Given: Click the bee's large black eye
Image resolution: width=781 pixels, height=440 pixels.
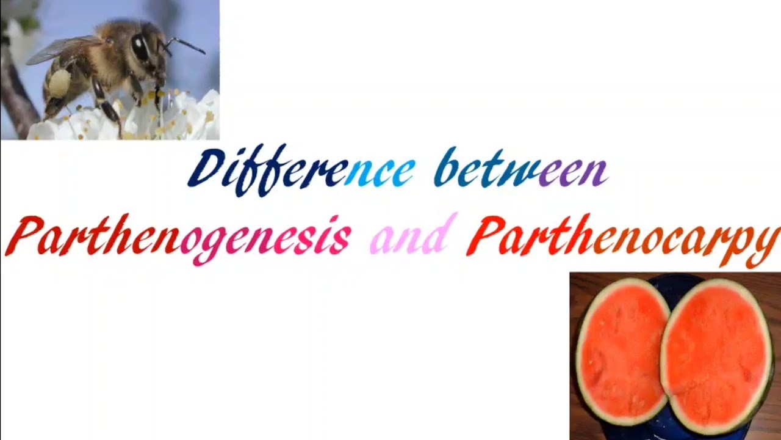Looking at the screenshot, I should [140, 47].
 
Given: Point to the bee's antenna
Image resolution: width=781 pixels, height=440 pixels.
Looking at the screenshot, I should [185, 44].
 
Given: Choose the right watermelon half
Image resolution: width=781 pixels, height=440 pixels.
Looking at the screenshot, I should [717, 354].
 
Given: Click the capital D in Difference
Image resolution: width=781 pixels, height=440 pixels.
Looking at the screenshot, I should [204, 170].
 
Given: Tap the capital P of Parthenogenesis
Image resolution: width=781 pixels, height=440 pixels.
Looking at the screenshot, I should [26, 237].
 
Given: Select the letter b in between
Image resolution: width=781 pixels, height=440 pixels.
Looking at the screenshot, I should [446, 167].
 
